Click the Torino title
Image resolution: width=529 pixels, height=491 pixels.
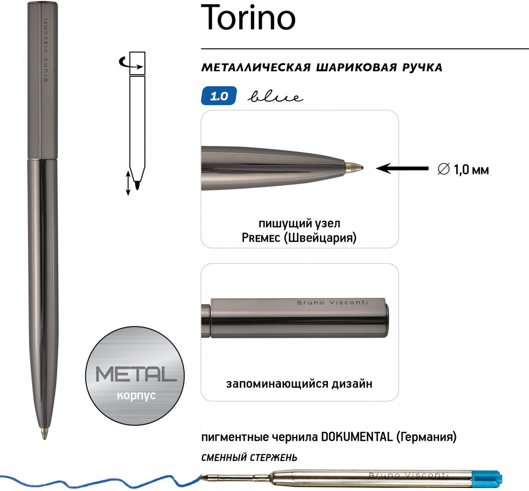[x=248, y=17]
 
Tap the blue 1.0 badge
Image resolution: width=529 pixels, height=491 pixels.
[x=218, y=96]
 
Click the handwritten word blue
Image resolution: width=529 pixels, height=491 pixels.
[x=275, y=97]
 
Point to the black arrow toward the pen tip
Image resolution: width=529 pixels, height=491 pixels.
[x=402, y=168]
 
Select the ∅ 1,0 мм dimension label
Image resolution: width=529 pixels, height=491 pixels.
[x=463, y=169]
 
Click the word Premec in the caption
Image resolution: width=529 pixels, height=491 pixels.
[x=261, y=238]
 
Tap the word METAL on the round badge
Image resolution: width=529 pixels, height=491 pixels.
[x=135, y=374]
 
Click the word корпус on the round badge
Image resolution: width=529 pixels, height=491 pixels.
[x=136, y=395]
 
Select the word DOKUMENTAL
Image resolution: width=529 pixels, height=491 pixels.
[x=357, y=437]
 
